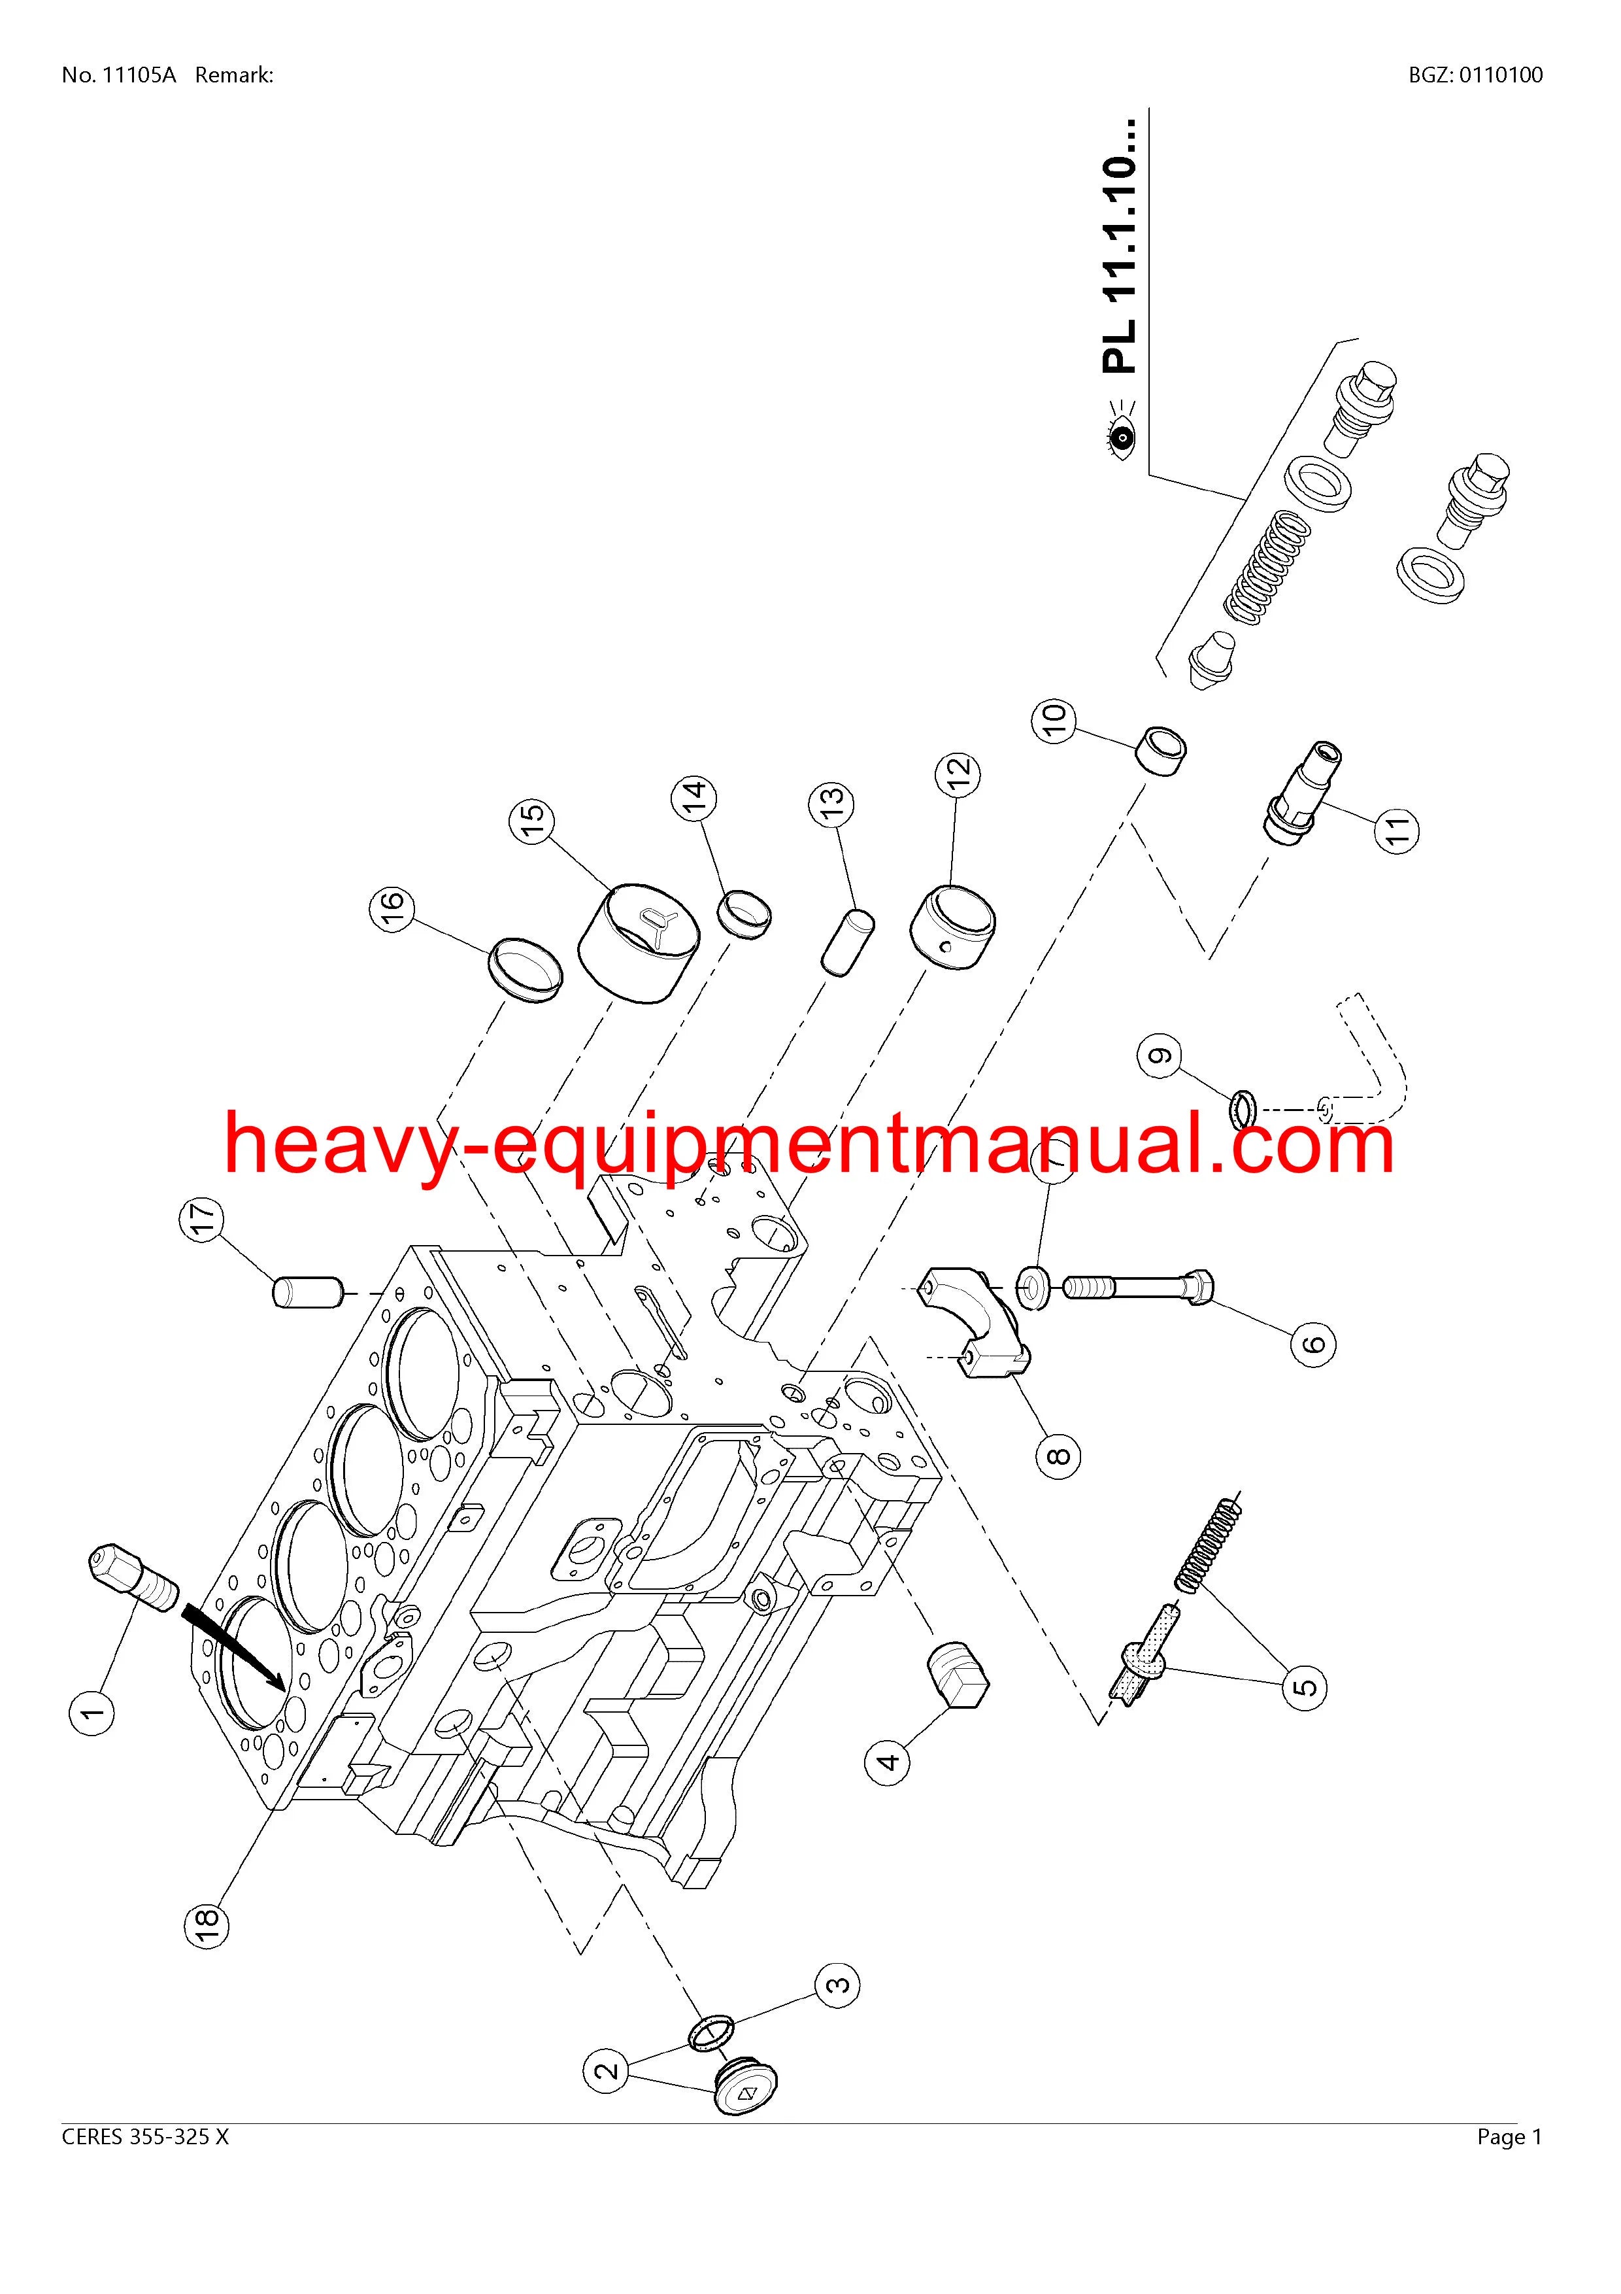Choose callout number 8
tap(1059, 1455)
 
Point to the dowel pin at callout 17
tap(307, 1291)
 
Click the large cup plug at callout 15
tap(640, 941)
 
